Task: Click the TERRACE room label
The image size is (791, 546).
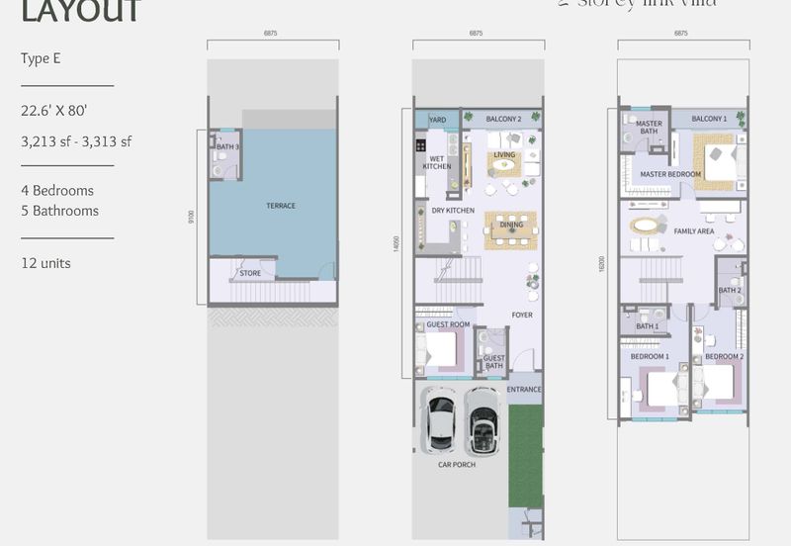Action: pyautogui.click(x=281, y=206)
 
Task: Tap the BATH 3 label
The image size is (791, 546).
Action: pyautogui.click(x=227, y=147)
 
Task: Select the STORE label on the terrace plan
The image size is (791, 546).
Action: pyautogui.click(x=250, y=274)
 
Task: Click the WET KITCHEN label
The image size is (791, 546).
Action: pyautogui.click(x=436, y=162)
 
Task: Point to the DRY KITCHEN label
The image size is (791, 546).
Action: pyautogui.click(x=453, y=211)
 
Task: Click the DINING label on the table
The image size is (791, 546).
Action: pyautogui.click(x=511, y=225)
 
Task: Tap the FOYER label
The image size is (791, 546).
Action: pyautogui.click(x=522, y=316)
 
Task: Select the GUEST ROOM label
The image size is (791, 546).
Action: pyautogui.click(x=448, y=324)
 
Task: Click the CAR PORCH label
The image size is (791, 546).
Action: pyautogui.click(x=457, y=464)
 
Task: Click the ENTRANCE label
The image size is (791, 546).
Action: pyautogui.click(x=524, y=390)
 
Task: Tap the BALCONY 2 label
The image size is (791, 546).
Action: pyautogui.click(x=504, y=120)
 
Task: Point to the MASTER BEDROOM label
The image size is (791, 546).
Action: pyautogui.click(x=670, y=174)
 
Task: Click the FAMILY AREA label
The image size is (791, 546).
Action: pyautogui.click(x=694, y=231)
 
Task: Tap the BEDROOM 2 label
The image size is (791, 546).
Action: pyautogui.click(x=725, y=356)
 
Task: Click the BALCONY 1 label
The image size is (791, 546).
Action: pyautogui.click(x=709, y=119)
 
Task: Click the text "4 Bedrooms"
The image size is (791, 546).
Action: pyautogui.click(x=57, y=190)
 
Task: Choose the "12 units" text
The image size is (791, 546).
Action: pyautogui.click(x=45, y=263)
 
